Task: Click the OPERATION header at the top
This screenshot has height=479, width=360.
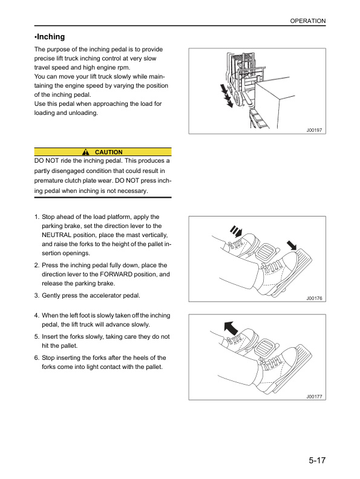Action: coord(307,21)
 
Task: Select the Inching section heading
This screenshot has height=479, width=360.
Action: coord(50,37)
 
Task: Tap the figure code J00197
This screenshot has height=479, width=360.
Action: coord(315,129)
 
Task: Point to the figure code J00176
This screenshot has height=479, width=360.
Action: coord(315,298)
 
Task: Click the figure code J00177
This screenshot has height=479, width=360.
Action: coord(315,396)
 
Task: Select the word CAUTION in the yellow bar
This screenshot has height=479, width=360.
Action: coord(109,152)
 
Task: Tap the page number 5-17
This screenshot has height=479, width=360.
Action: coord(313,461)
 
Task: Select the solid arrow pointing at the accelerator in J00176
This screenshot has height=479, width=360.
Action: coord(293,245)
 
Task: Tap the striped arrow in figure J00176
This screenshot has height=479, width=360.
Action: coord(235,232)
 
